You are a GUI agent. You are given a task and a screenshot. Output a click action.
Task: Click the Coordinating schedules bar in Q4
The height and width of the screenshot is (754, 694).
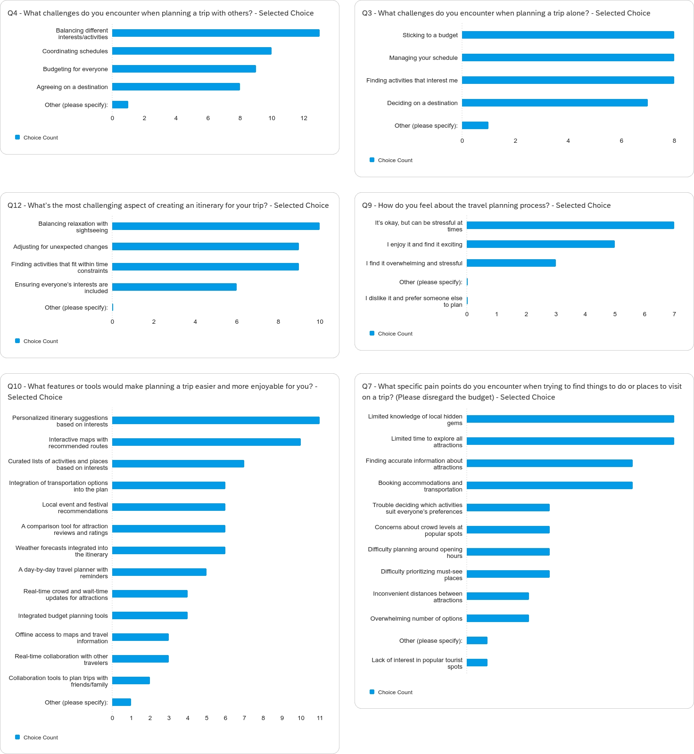[191, 51]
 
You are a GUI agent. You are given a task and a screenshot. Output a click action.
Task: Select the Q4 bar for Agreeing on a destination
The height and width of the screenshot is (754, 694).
[176, 87]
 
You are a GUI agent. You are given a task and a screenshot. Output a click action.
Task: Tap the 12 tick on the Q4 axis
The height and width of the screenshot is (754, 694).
[304, 118]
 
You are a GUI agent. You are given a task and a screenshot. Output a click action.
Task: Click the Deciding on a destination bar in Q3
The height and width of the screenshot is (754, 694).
[554, 103]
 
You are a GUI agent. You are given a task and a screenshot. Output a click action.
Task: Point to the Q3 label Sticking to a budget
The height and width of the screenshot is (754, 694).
[430, 35]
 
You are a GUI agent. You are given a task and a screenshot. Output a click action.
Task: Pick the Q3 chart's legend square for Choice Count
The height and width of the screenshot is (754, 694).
[372, 160]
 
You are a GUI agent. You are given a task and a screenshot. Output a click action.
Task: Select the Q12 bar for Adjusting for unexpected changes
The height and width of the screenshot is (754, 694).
[205, 246]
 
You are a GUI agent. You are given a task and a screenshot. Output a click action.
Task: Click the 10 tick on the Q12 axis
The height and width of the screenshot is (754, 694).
[320, 322]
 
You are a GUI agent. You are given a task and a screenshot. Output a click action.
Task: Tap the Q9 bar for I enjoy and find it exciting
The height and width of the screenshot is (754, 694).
[540, 244]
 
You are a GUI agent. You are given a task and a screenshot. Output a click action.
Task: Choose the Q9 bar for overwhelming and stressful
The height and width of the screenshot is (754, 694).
[511, 263]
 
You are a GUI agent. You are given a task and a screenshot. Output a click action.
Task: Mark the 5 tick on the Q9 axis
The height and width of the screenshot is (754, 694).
[615, 314]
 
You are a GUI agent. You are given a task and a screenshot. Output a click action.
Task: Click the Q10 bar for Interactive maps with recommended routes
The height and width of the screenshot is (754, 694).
[206, 442]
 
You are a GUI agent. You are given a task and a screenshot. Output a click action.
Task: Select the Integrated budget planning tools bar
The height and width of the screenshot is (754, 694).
[149, 615]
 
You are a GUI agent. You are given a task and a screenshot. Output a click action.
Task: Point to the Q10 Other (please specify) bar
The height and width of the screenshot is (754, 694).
[122, 702]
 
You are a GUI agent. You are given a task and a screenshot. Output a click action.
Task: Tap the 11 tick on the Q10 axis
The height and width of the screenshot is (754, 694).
[320, 718]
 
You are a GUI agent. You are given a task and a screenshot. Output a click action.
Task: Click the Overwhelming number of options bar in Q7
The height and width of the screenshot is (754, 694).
[497, 618]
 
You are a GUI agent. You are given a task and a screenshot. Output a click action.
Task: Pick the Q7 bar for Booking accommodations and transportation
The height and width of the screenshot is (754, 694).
[549, 485]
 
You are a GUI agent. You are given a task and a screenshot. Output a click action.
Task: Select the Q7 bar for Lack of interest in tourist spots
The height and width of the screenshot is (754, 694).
[477, 663]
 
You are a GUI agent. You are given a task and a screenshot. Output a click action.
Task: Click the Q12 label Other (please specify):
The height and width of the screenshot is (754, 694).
[76, 308]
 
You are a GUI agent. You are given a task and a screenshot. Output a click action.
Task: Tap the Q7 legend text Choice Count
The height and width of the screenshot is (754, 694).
[395, 692]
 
